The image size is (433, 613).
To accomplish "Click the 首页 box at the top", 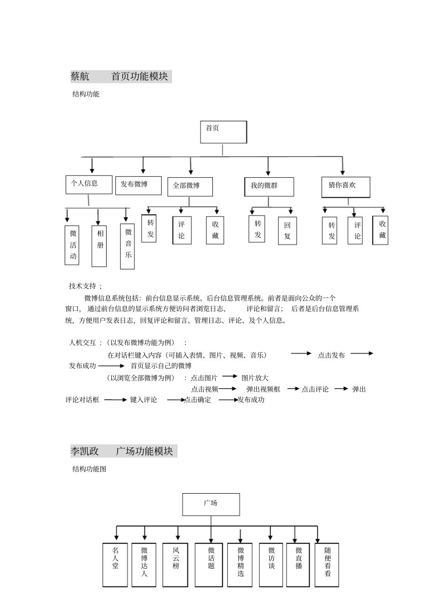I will point(223,132).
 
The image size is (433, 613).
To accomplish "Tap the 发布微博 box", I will point(138,185).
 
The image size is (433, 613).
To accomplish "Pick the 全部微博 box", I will point(190,186).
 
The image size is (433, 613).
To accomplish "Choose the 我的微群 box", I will point(268,187).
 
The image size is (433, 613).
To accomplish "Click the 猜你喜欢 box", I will point(345,187).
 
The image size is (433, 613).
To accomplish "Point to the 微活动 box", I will point(73,245).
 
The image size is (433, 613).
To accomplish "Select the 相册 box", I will point(99,245).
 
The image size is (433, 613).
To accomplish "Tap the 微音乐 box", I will point(128,246).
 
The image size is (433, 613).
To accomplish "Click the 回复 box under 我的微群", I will point(287,231).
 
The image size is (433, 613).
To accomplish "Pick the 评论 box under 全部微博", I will point(181,230).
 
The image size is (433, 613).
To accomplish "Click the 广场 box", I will point(211,504).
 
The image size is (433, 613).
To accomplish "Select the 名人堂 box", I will point(115,564).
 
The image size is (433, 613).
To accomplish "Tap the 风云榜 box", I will point(176,564).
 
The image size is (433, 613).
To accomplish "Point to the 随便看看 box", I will point(327,564).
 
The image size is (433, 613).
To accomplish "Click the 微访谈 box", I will point(271,564).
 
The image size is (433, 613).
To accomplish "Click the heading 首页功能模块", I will point(140,77).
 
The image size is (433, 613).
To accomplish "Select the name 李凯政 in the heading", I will point(85,451).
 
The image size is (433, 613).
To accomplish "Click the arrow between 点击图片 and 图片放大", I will point(230,376).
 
